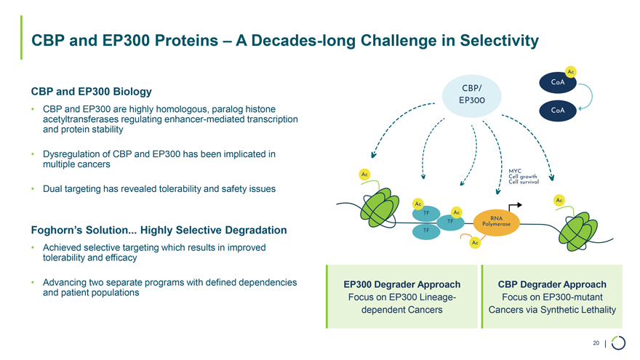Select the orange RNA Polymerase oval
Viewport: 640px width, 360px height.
497,223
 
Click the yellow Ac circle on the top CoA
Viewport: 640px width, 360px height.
571,71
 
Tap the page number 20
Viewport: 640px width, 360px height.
596,343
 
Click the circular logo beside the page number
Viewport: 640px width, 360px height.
618,343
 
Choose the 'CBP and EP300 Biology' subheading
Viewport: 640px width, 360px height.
91,92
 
